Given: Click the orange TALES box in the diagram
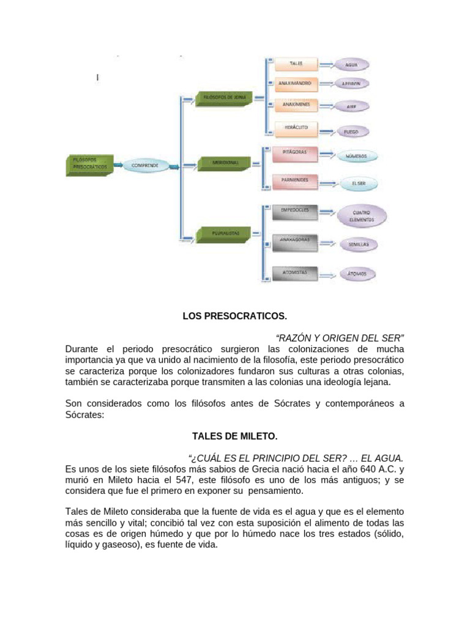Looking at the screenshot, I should (296, 64).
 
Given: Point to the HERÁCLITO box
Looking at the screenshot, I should (296, 128).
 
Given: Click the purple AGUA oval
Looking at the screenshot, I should (351, 65).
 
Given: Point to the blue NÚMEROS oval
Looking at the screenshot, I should (356, 156).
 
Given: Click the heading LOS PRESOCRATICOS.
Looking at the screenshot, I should (235, 317).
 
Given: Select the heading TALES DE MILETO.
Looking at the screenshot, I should (235, 436).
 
